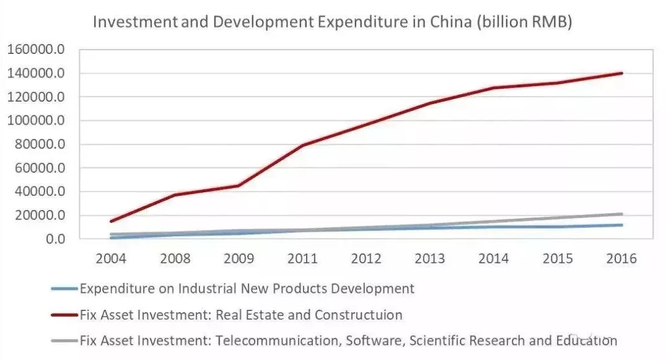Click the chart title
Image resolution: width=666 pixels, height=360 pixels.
pyautogui.click(x=332, y=22)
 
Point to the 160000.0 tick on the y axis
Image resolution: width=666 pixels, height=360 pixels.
pyautogui.click(x=36, y=50)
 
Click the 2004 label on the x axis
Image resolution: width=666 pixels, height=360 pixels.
pyautogui.click(x=111, y=258)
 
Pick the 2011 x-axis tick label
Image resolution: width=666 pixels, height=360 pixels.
pyautogui.click(x=302, y=258)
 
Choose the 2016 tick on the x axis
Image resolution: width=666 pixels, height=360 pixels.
pyautogui.click(x=621, y=258)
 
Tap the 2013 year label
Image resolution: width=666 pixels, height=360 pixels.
pyautogui.click(x=430, y=258)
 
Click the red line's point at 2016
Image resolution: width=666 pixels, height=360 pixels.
pyautogui.click(x=621, y=73)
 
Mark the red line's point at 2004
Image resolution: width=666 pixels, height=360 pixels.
pyautogui.click(x=111, y=221)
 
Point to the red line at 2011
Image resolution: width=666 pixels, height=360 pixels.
pyautogui.click(x=302, y=146)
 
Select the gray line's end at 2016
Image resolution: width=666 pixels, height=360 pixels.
pyautogui.click(x=621, y=214)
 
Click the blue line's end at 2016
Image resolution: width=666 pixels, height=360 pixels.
pyautogui.click(x=621, y=225)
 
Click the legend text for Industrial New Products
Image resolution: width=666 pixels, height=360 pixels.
pyautogui.click(x=247, y=288)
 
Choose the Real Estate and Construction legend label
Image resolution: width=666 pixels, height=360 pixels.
pyautogui.click(x=241, y=315)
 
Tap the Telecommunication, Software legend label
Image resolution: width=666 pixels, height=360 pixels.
pyautogui.click(x=348, y=340)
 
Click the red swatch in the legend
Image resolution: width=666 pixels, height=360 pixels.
pyautogui.click(x=65, y=315)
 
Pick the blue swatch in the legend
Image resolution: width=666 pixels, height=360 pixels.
pyautogui.click(x=65, y=288)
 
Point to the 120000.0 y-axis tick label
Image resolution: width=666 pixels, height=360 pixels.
pyautogui.click(x=36, y=97)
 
